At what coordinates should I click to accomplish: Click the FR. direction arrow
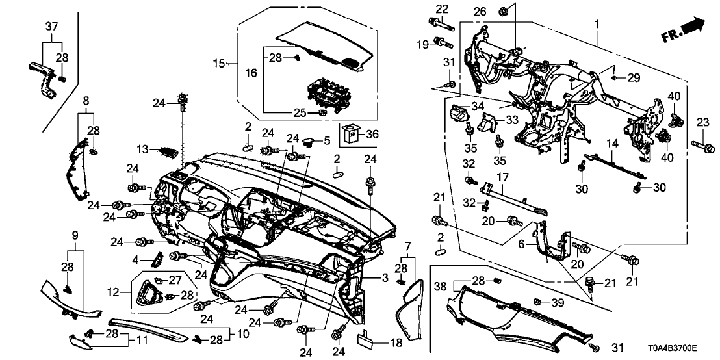coord(682,29)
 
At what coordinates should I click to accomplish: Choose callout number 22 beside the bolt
coord(442,8)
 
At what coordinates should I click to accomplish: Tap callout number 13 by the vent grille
coord(142,150)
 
